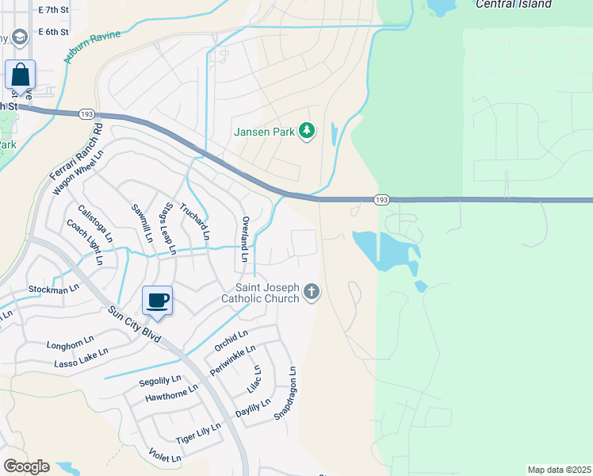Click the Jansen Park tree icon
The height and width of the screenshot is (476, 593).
click(x=307, y=130)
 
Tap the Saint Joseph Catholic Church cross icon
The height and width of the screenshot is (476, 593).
click(x=312, y=293)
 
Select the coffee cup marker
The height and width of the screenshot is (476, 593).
click(x=156, y=301)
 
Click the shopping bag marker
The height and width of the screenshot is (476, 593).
click(x=20, y=75)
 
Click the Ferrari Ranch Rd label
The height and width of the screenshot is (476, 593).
click(x=75, y=151)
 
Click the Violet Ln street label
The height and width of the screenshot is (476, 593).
click(x=165, y=455)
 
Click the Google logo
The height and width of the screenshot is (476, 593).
click(x=25, y=466)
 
